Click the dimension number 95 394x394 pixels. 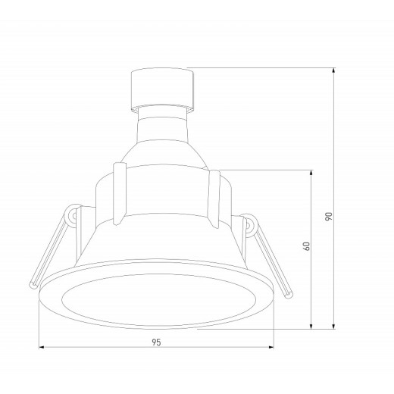[x=157, y=342]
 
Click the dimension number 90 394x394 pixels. [x=328, y=216]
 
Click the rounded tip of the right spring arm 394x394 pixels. [x=288, y=292]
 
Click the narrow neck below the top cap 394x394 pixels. [x=161, y=121]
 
